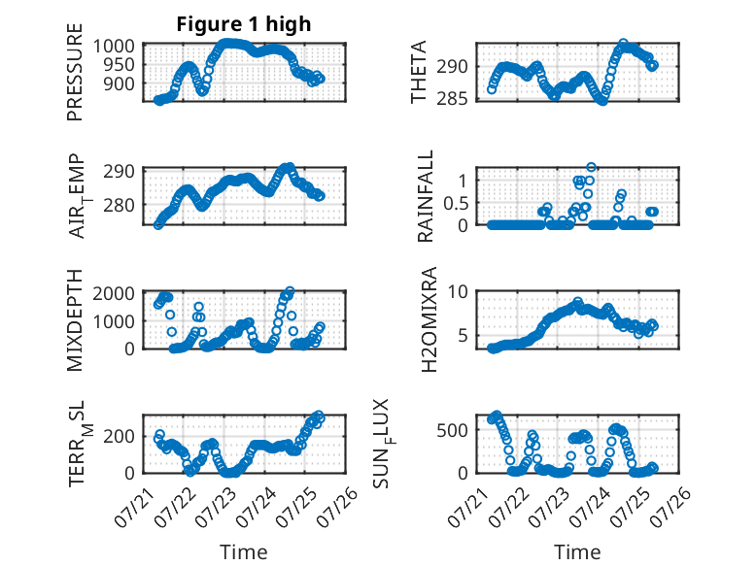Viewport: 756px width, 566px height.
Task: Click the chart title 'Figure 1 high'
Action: [x=244, y=24]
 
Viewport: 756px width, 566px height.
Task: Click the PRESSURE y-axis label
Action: [x=75, y=72]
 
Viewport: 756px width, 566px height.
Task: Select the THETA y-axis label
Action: [x=419, y=72]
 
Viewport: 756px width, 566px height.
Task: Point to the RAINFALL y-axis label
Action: [x=426, y=196]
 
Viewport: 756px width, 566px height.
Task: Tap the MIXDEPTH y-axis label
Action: [x=75, y=320]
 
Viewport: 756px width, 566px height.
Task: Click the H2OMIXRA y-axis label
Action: [x=429, y=319]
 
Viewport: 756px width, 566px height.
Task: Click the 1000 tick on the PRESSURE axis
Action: [x=114, y=47]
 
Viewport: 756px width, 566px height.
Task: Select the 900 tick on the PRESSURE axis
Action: [x=120, y=83]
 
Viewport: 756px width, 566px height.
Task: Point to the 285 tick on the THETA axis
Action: [x=452, y=99]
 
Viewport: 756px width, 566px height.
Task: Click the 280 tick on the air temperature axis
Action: [x=120, y=205]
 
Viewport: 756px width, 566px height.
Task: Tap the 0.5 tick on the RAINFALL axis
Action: [x=456, y=203]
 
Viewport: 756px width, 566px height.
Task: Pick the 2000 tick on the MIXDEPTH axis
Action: [x=114, y=293]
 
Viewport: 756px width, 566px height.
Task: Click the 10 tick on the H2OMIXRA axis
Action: [x=458, y=291]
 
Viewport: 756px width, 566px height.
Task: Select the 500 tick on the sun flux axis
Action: [x=452, y=430]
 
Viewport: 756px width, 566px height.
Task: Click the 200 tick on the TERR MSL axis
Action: [x=120, y=437]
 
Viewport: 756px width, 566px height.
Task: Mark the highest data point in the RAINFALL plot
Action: [x=591, y=167]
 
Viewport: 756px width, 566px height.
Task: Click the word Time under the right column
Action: [x=577, y=552]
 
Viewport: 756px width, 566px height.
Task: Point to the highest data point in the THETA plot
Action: [x=624, y=44]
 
